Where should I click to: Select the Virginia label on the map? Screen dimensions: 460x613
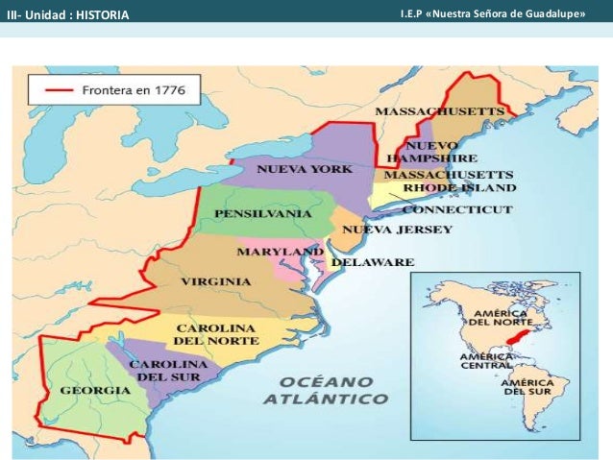coord(216,282)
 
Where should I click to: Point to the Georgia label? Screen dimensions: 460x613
coord(95,391)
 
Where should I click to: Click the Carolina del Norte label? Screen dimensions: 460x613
coord(216,334)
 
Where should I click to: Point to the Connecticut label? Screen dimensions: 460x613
coord(449,209)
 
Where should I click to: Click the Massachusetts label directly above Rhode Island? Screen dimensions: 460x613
coord(449,175)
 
